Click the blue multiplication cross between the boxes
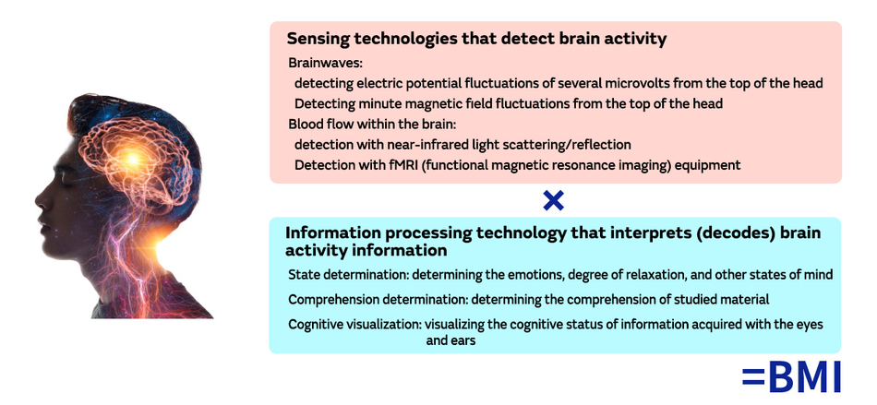click(553, 200)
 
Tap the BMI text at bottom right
click(804, 377)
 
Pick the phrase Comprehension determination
click(377, 300)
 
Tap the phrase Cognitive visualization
click(354, 325)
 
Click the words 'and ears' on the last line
click(451, 340)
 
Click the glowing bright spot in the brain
click(133, 159)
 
